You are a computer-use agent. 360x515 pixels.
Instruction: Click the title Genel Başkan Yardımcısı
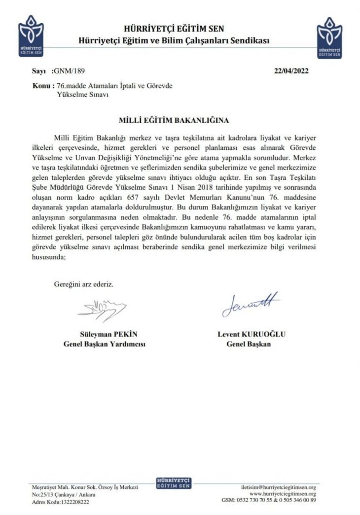point(105,344)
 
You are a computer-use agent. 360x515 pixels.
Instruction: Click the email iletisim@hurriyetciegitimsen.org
point(278,487)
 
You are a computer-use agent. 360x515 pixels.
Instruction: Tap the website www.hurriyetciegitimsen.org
point(283,494)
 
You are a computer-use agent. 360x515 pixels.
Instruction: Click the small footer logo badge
point(173,483)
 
